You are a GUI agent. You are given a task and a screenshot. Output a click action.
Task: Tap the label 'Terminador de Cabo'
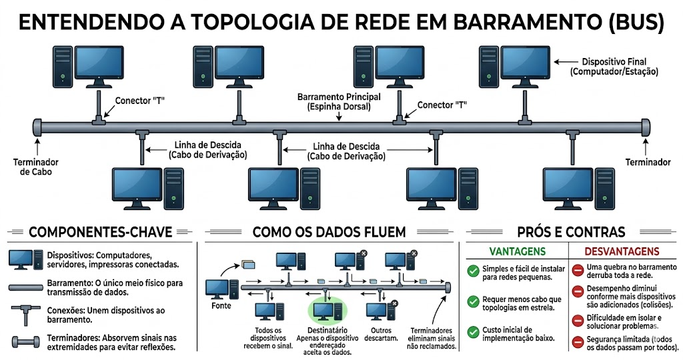point(36,167)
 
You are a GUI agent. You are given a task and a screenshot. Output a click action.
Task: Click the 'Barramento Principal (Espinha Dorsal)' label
point(339,101)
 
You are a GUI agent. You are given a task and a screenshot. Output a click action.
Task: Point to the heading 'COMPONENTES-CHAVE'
point(101,232)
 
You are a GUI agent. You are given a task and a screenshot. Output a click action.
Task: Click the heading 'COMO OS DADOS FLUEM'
point(329,232)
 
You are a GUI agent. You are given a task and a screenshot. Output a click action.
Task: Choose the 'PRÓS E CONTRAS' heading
point(571,232)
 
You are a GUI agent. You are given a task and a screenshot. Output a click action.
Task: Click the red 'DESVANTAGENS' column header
point(622,251)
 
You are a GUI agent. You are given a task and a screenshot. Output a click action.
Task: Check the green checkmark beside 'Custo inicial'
point(473,331)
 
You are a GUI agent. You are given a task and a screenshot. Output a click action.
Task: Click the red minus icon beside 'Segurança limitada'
point(578,342)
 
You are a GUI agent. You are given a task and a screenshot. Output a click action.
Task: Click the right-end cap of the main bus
point(645,125)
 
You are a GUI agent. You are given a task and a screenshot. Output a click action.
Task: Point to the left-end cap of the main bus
point(37,125)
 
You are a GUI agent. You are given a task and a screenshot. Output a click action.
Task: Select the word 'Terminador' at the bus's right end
point(648,162)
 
